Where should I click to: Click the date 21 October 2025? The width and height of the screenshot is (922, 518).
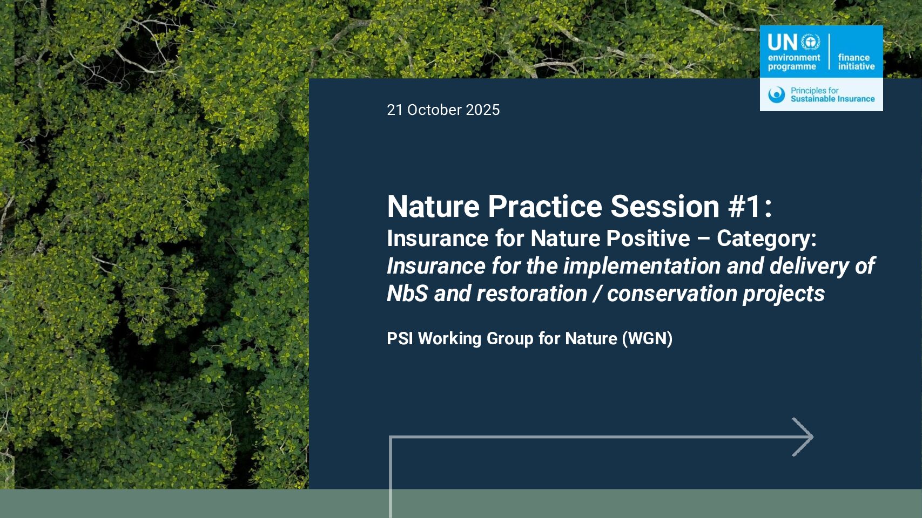443,110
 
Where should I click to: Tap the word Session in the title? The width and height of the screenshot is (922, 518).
665,206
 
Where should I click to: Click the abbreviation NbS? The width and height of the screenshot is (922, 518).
407,294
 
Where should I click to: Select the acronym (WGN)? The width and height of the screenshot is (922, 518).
647,339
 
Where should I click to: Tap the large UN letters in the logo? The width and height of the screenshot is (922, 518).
783,42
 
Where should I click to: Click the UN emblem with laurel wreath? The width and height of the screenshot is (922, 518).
810,42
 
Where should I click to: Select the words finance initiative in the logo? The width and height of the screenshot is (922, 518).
856,62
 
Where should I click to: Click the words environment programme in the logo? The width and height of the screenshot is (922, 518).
794,62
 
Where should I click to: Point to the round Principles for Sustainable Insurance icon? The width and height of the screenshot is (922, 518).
777,94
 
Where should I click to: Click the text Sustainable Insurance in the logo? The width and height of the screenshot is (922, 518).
832,99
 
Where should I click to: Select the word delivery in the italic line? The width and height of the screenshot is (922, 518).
809,267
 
